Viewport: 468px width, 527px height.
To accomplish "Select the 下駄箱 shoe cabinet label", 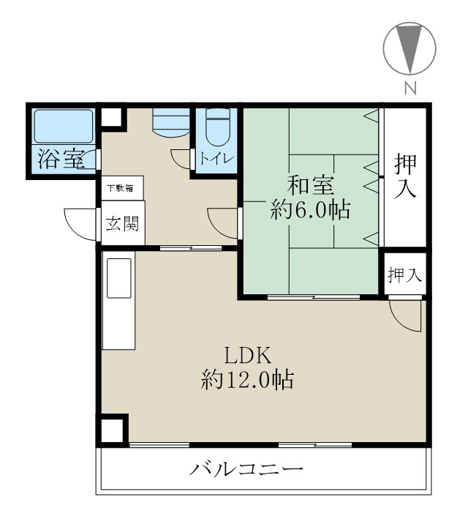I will point(121,188).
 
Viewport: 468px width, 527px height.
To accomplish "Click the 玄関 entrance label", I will point(121,224).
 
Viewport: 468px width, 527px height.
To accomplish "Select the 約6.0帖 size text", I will point(309,211).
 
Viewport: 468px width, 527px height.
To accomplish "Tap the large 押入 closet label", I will point(406,176).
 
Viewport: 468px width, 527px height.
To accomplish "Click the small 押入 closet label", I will point(405,275).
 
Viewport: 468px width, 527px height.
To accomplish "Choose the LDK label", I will point(248,356).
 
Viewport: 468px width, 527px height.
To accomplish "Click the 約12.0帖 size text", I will point(248,381).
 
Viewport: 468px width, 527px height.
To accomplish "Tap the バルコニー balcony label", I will point(246,468).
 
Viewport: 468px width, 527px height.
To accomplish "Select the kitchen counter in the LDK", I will point(118,302).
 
